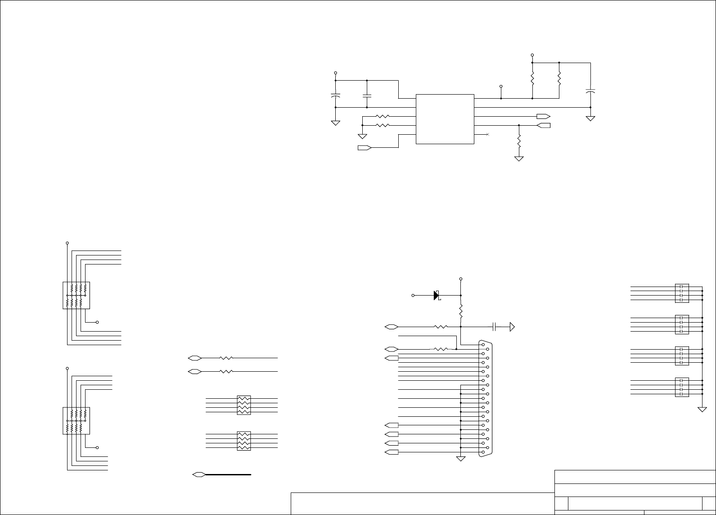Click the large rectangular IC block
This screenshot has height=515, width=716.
tap(445, 119)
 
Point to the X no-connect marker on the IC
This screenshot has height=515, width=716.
tap(488, 135)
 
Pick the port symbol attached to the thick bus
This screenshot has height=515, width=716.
tap(198, 474)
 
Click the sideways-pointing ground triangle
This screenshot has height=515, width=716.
tap(512, 327)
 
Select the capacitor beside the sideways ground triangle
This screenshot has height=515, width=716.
tap(494, 327)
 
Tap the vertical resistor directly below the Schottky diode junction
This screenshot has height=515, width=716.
tap(461, 311)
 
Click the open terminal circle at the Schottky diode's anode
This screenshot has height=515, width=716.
tap(413, 296)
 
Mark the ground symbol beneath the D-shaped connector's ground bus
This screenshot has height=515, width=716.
tap(461, 459)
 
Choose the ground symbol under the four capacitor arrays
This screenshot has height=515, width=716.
tap(702, 409)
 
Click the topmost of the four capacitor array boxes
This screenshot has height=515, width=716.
tap(682, 293)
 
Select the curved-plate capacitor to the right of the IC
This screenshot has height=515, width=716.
tap(590, 91)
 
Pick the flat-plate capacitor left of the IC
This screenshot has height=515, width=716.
tap(367, 96)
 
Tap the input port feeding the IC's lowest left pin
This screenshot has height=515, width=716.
tap(364, 148)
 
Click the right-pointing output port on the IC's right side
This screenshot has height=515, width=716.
tap(543, 116)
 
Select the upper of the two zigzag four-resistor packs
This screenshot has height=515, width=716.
tap(243, 405)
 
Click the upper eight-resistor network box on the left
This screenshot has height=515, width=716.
tap(76, 296)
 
